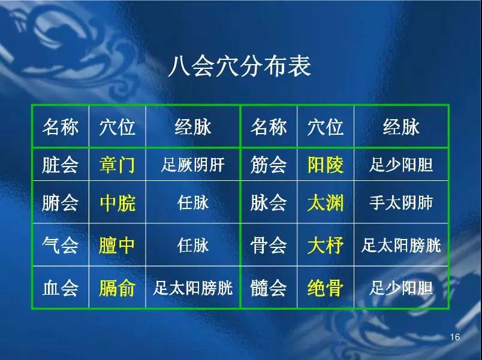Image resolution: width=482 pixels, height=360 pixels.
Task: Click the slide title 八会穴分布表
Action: (x=239, y=66)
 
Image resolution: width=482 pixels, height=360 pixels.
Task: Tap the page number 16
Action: (x=454, y=337)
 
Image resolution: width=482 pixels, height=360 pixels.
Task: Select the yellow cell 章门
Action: (x=117, y=165)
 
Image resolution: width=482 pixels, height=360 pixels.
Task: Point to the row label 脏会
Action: (x=60, y=165)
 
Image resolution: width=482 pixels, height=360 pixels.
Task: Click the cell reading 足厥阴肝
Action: (x=192, y=165)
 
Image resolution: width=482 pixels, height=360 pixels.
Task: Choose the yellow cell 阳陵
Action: (x=325, y=165)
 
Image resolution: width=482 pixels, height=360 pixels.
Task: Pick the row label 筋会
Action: (x=269, y=165)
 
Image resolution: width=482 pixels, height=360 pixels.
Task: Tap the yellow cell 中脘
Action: (x=118, y=202)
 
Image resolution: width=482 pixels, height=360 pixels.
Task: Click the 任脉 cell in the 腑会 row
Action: (x=192, y=202)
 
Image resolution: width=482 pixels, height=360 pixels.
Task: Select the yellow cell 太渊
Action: (x=325, y=202)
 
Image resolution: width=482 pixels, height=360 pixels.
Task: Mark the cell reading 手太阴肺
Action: (x=401, y=202)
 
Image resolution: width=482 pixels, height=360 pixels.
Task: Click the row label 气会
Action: (x=60, y=246)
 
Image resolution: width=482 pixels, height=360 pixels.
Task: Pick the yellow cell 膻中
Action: (x=117, y=246)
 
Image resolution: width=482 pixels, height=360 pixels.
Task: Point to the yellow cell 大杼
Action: (x=325, y=246)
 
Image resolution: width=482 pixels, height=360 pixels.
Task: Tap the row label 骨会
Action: (x=269, y=246)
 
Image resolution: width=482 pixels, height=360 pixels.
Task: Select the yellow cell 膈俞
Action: (x=117, y=288)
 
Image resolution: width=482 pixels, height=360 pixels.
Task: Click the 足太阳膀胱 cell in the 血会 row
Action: (x=192, y=288)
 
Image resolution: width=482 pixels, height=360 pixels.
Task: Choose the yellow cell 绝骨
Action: (x=325, y=288)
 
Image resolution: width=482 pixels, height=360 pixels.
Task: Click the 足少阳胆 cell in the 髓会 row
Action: (x=401, y=288)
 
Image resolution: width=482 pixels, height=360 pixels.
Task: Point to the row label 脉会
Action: (x=269, y=202)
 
